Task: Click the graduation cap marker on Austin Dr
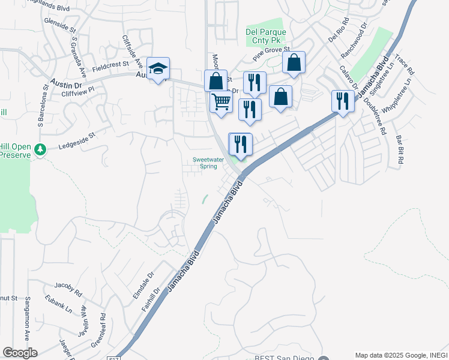(158, 70)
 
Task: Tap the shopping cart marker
(221, 103)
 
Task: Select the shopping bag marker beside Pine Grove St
(294, 62)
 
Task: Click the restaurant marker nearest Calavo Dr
(342, 101)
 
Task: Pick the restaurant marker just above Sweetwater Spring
(241, 145)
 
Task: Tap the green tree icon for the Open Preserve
(40, 149)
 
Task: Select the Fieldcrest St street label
(111, 64)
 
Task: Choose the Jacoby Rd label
(67, 290)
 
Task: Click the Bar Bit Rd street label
(399, 151)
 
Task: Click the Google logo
(20, 352)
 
